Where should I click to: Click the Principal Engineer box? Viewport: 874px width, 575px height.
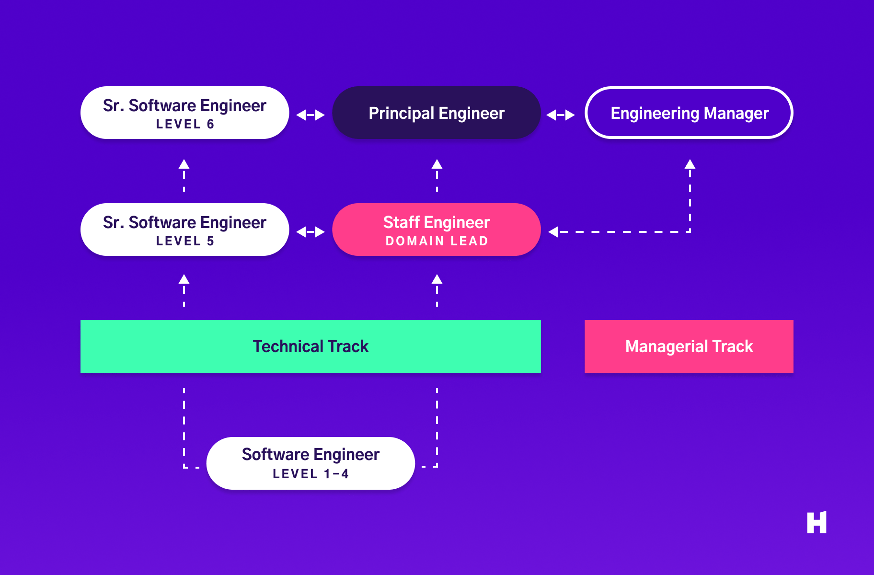click(x=436, y=113)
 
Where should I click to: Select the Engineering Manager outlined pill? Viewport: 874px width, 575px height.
click(x=689, y=113)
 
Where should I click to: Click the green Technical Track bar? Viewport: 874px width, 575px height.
click(x=310, y=346)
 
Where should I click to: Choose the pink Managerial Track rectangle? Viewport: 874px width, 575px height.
click(x=689, y=346)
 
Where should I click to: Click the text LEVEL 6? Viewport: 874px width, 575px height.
click(x=185, y=124)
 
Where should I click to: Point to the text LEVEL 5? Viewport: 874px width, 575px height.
click(x=185, y=241)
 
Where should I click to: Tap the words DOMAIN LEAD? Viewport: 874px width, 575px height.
click(x=437, y=241)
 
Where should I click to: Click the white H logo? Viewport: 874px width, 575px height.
click(x=816, y=522)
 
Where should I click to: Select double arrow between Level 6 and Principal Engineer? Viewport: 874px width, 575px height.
click(x=310, y=115)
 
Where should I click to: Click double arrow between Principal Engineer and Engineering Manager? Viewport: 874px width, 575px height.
click(x=561, y=115)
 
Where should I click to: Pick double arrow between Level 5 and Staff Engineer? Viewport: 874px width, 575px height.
click(x=310, y=232)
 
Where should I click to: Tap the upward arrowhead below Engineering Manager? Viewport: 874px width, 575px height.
click(x=690, y=164)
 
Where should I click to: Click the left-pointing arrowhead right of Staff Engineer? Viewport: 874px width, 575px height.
click(x=553, y=232)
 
